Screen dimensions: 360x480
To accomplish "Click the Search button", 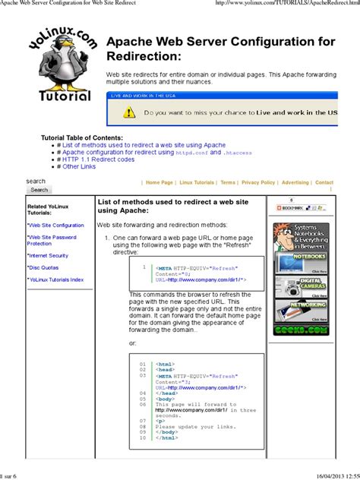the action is point(39,190).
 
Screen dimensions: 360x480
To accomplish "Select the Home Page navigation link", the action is point(159,182).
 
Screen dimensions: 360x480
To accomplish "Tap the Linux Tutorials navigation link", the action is point(197,182).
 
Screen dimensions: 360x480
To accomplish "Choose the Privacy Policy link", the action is point(258,182).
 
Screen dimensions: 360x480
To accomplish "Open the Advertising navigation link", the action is point(295,182).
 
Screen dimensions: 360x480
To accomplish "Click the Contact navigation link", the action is point(324,182).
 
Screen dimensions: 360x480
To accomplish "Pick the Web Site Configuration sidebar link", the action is point(56,226).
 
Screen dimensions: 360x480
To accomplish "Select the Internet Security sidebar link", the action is point(49,255).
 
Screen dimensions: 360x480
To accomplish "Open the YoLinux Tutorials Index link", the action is point(56,279).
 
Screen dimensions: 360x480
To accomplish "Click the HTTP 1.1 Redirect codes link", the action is point(98,159).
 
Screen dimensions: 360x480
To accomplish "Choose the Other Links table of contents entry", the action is point(79,167).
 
